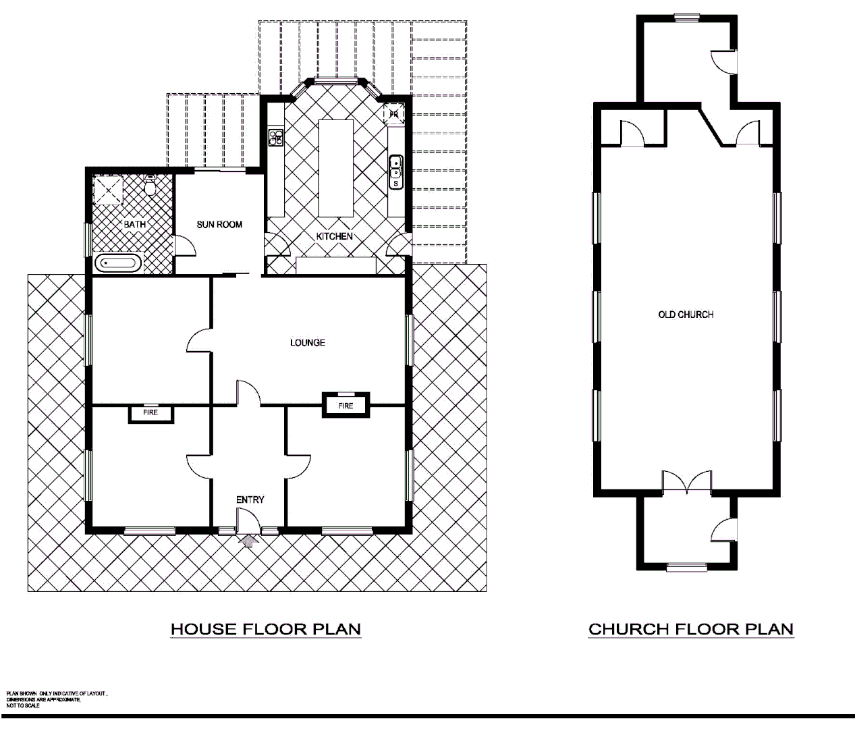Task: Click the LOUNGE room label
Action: [308, 343]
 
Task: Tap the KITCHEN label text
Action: [335, 236]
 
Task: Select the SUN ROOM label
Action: [219, 224]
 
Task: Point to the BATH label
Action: [134, 224]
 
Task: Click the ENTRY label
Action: [250, 500]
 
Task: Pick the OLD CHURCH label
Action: [686, 315]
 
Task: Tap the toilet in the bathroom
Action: [150, 186]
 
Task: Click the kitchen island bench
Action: [336, 167]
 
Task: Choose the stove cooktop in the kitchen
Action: [275, 138]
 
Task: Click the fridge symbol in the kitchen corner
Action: [394, 114]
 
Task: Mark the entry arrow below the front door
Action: [249, 540]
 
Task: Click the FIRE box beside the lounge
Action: [346, 406]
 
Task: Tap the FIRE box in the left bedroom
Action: [150, 412]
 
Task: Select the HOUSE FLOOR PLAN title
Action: [266, 629]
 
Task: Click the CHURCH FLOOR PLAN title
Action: [691, 629]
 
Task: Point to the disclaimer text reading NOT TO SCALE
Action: [23, 705]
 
